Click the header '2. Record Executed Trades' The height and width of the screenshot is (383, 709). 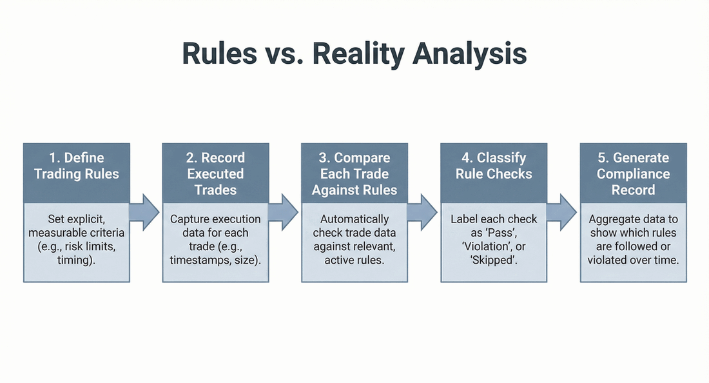[216, 173]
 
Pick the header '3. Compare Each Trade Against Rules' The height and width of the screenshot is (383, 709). [355, 173]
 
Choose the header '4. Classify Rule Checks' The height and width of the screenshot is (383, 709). [494, 166]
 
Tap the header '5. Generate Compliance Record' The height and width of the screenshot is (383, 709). [634, 173]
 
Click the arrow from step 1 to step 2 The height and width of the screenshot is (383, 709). [145, 210]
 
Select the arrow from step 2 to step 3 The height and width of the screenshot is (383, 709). [284, 210]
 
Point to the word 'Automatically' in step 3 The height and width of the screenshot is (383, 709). [355, 219]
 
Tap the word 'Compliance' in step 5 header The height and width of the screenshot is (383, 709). [634, 173]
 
